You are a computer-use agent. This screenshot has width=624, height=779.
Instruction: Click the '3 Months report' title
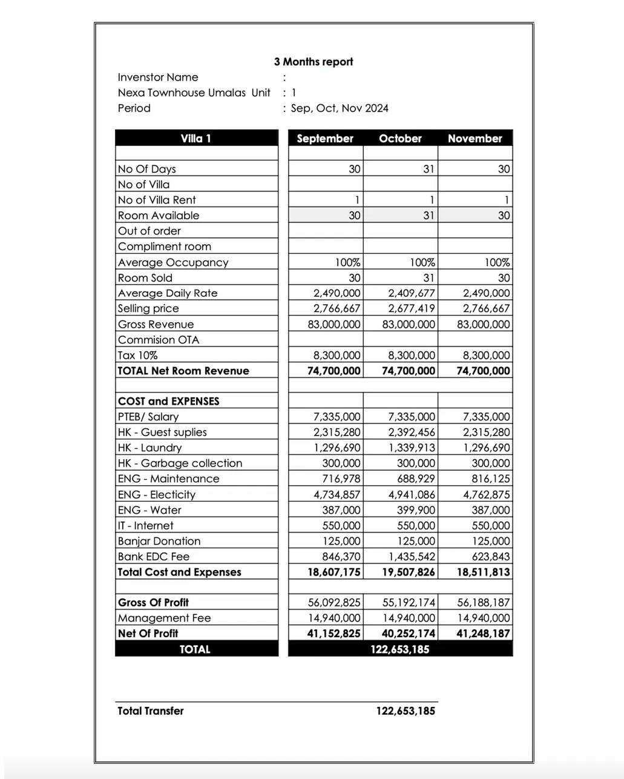point(313,62)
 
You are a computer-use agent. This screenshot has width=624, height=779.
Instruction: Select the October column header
point(400,139)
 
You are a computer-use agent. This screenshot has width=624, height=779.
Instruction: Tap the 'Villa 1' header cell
point(196,139)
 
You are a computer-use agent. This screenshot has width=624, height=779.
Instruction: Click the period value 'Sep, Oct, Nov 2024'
point(340,108)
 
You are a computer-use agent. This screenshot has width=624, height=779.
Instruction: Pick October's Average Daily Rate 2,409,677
point(412,293)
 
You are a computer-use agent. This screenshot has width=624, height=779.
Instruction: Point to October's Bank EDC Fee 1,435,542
point(412,557)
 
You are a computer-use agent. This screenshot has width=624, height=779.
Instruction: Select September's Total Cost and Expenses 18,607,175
point(334,572)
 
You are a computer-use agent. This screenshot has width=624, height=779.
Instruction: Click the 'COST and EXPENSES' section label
point(169,401)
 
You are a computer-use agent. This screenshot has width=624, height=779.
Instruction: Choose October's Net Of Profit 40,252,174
point(409,634)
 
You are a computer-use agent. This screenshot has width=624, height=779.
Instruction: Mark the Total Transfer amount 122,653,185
point(406,711)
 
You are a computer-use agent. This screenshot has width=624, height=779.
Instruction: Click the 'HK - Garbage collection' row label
point(180,463)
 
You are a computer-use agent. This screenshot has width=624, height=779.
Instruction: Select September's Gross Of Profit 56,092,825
point(334,603)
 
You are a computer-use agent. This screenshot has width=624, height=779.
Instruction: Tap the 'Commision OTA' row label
point(159,340)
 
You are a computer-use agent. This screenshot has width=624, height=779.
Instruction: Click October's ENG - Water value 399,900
point(416,510)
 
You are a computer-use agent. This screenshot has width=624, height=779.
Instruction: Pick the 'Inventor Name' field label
point(158,78)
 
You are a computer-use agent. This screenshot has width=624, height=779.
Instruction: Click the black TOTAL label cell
point(195,649)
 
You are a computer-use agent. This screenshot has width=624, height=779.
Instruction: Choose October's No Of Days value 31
point(429,169)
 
